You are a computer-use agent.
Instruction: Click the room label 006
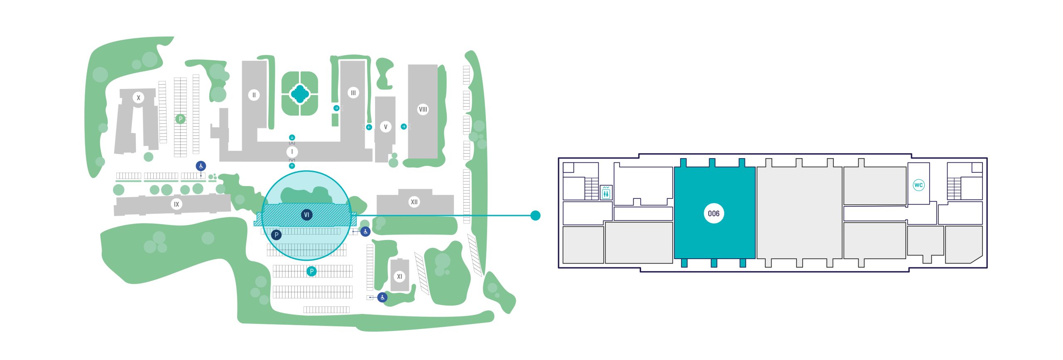pos(713,213)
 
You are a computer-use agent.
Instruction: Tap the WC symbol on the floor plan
pos(918,185)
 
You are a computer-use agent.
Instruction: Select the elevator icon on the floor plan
pos(606,193)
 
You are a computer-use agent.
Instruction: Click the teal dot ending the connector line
pos(536,216)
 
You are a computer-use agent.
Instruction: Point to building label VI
pos(306,215)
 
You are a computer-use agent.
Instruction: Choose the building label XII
pos(414,202)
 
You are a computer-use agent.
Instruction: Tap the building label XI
pos(399,276)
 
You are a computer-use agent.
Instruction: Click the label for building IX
pos(176,204)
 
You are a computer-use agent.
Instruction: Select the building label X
pos(138,98)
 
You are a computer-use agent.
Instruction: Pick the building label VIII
pos(423,109)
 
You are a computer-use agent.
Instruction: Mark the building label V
pos(385,127)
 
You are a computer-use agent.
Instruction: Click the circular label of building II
pos(254,95)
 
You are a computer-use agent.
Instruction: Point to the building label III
pos(353,93)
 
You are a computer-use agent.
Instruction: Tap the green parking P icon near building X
pos(180,119)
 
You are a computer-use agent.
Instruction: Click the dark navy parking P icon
pos(276,235)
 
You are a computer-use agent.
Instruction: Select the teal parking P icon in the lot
pos(311,271)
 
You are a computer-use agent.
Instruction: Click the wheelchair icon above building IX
pos(201,166)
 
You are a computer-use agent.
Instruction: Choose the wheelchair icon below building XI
pos(382,297)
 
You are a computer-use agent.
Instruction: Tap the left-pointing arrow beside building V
pos(369,127)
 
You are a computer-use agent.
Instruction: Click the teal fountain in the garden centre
pos(300,94)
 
